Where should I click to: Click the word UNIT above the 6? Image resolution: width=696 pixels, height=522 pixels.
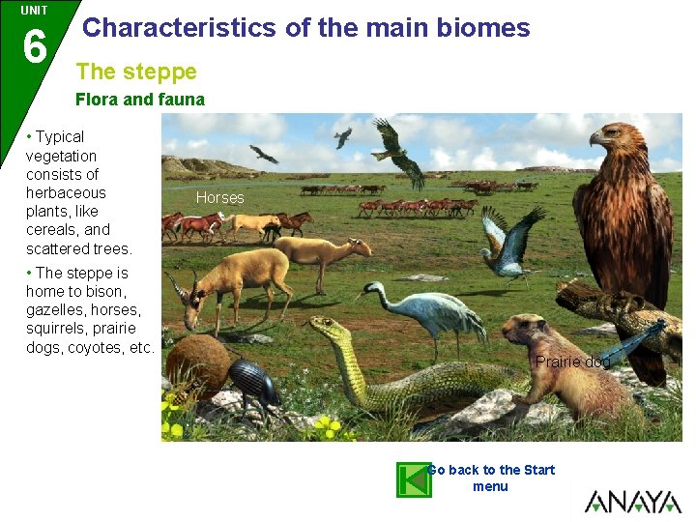[x=34, y=10]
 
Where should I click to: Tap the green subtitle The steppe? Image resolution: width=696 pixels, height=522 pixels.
[x=136, y=72]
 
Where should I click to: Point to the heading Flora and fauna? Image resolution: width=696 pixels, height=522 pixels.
[x=140, y=99]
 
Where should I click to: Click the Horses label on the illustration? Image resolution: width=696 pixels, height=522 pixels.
[x=220, y=198]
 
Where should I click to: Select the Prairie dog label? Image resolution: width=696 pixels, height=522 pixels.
[x=573, y=362]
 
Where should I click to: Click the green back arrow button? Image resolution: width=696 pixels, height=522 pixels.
[x=414, y=479]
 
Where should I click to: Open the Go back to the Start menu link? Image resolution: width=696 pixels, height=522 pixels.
[x=491, y=478]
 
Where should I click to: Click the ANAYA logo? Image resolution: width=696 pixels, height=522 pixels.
[x=633, y=501]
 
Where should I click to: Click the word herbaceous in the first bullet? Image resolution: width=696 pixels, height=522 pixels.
[x=66, y=192]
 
